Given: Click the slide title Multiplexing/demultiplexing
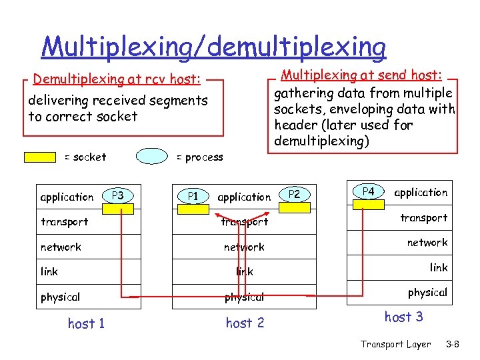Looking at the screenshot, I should coord(213,47).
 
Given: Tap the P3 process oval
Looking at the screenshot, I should coord(118,196).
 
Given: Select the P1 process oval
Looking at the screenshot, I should coord(193,196).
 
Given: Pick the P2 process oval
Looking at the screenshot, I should coord(295,194).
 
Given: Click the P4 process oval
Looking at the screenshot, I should coord(369,191).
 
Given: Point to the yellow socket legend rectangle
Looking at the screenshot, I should coord(40,157).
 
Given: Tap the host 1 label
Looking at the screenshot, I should coord(86,324).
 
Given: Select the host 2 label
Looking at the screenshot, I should coord(245,323).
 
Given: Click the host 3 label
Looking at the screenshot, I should coord(403,317).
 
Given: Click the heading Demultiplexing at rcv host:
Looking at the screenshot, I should coord(117,80).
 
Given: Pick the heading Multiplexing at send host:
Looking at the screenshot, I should coord(364,75).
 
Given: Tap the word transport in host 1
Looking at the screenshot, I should coord(64,221).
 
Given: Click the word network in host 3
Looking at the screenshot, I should coord(427,243).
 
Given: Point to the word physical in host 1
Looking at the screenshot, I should coord(60,297).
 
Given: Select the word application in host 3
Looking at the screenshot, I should coord(421,193).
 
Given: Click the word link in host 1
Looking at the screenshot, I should coord(49,272).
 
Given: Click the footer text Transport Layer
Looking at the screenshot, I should coord(395,345).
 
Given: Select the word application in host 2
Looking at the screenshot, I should coord(244,197).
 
